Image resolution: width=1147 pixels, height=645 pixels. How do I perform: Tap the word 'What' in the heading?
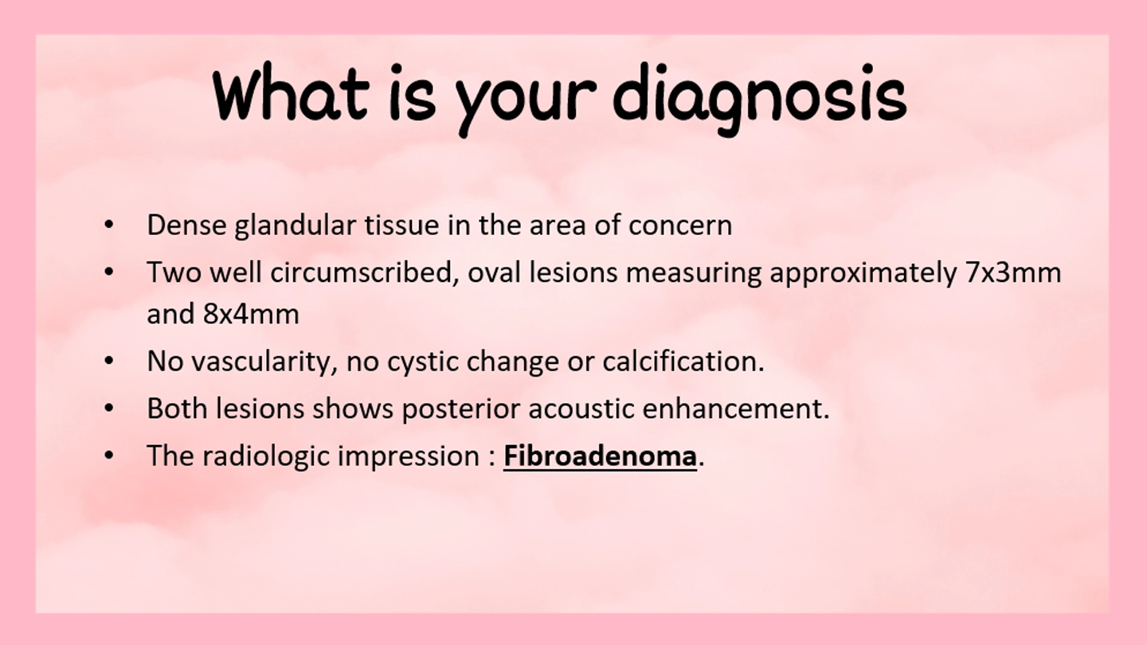click(x=290, y=92)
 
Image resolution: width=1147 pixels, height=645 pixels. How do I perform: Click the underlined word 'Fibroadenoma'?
click(x=600, y=455)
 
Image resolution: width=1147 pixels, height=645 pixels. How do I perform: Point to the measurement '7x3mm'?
click(x=1013, y=272)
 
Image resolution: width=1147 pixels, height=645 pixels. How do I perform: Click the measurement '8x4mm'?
click(x=251, y=314)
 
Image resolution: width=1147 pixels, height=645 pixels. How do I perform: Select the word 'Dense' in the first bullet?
click(x=187, y=225)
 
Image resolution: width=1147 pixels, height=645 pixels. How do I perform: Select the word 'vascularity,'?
click(x=264, y=362)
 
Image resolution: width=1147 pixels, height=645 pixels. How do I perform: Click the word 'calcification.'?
click(x=683, y=361)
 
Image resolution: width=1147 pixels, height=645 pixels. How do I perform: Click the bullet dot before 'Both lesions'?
click(x=108, y=408)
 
